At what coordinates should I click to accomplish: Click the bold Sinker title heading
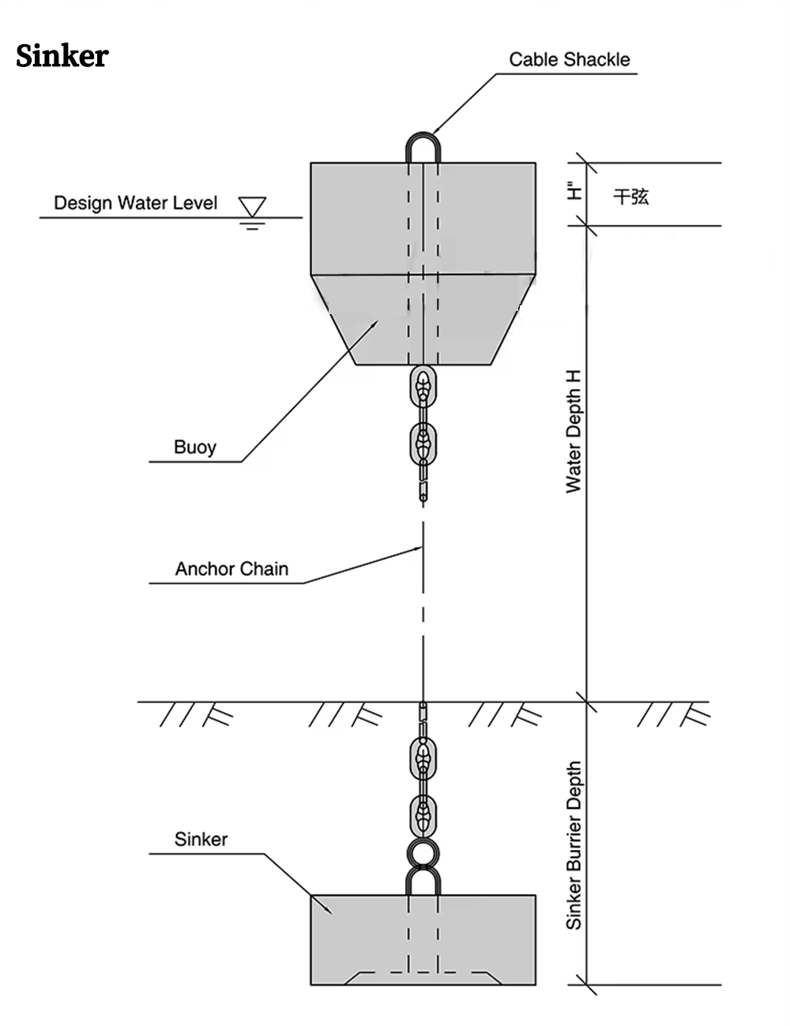pos(62,56)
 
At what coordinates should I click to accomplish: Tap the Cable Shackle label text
pos(569,59)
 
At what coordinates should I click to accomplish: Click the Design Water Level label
pos(135,203)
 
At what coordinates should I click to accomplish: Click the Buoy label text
pos(194,447)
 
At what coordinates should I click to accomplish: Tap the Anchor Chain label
pos(231,568)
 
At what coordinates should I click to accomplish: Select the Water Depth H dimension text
pos(574,432)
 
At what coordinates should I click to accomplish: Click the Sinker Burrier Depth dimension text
pos(574,844)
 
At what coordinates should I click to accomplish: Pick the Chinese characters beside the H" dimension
pos(631,196)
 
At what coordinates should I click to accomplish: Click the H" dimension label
pos(574,192)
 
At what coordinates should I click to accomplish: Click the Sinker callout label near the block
pos(201,839)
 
